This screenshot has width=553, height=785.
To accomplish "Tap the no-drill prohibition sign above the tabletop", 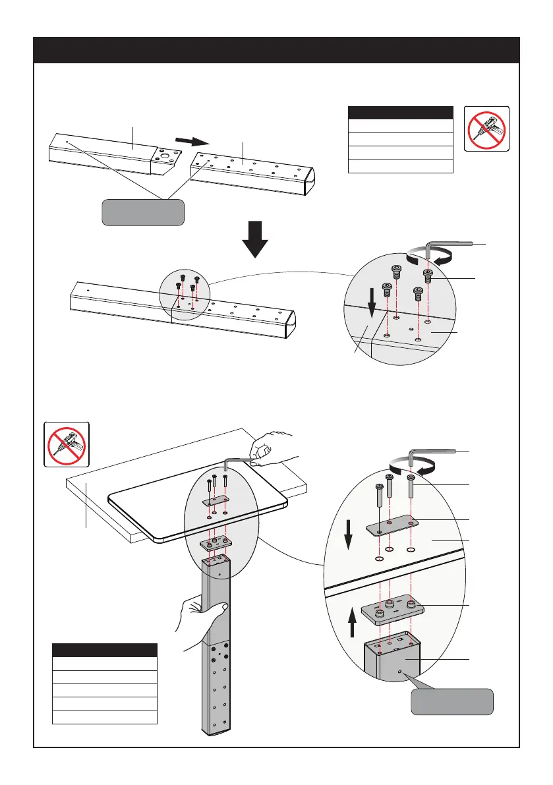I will click(66, 444).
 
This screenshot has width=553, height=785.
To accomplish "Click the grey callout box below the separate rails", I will click(143, 212).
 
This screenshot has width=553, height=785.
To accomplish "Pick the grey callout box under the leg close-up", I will click(452, 702).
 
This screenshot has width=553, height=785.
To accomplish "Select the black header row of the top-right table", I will click(400, 112).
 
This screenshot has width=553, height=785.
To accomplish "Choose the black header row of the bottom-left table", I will click(105, 650).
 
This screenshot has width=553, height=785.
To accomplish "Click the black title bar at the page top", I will click(276, 50).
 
